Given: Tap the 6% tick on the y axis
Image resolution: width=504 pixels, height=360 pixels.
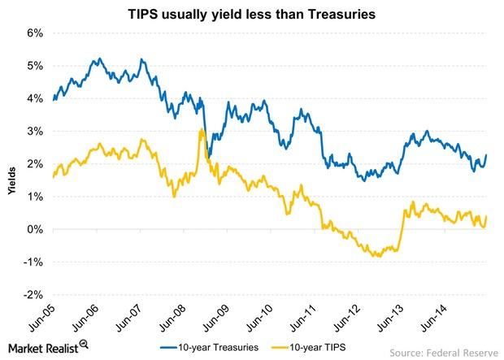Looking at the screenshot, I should pyautogui.click(x=35, y=33).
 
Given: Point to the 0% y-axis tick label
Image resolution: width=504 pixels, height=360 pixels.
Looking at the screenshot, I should pyautogui.click(x=35, y=230).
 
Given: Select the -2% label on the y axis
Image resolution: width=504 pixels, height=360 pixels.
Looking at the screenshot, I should pyautogui.click(x=33, y=295).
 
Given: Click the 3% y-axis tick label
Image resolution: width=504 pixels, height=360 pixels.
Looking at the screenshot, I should pyautogui.click(x=35, y=132).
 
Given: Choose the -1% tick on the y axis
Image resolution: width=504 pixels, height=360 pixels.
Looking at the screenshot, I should pyautogui.click(x=33, y=262).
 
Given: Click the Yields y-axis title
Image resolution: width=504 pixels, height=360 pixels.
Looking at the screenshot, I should pyautogui.click(x=9, y=163).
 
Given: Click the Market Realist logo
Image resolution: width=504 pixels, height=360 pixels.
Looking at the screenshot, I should pyautogui.click(x=46, y=348).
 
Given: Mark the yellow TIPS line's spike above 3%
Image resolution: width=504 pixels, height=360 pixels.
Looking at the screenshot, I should pyautogui.click(x=201, y=129).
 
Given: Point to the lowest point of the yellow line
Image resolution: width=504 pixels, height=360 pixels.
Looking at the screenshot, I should pyautogui.click(x=377, y=256).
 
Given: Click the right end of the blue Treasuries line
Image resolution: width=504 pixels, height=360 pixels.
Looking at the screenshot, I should pyautogui.click(x=486, y=155).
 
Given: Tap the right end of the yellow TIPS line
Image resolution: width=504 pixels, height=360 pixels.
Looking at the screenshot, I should pyautogui.click(x=486, y=218).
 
